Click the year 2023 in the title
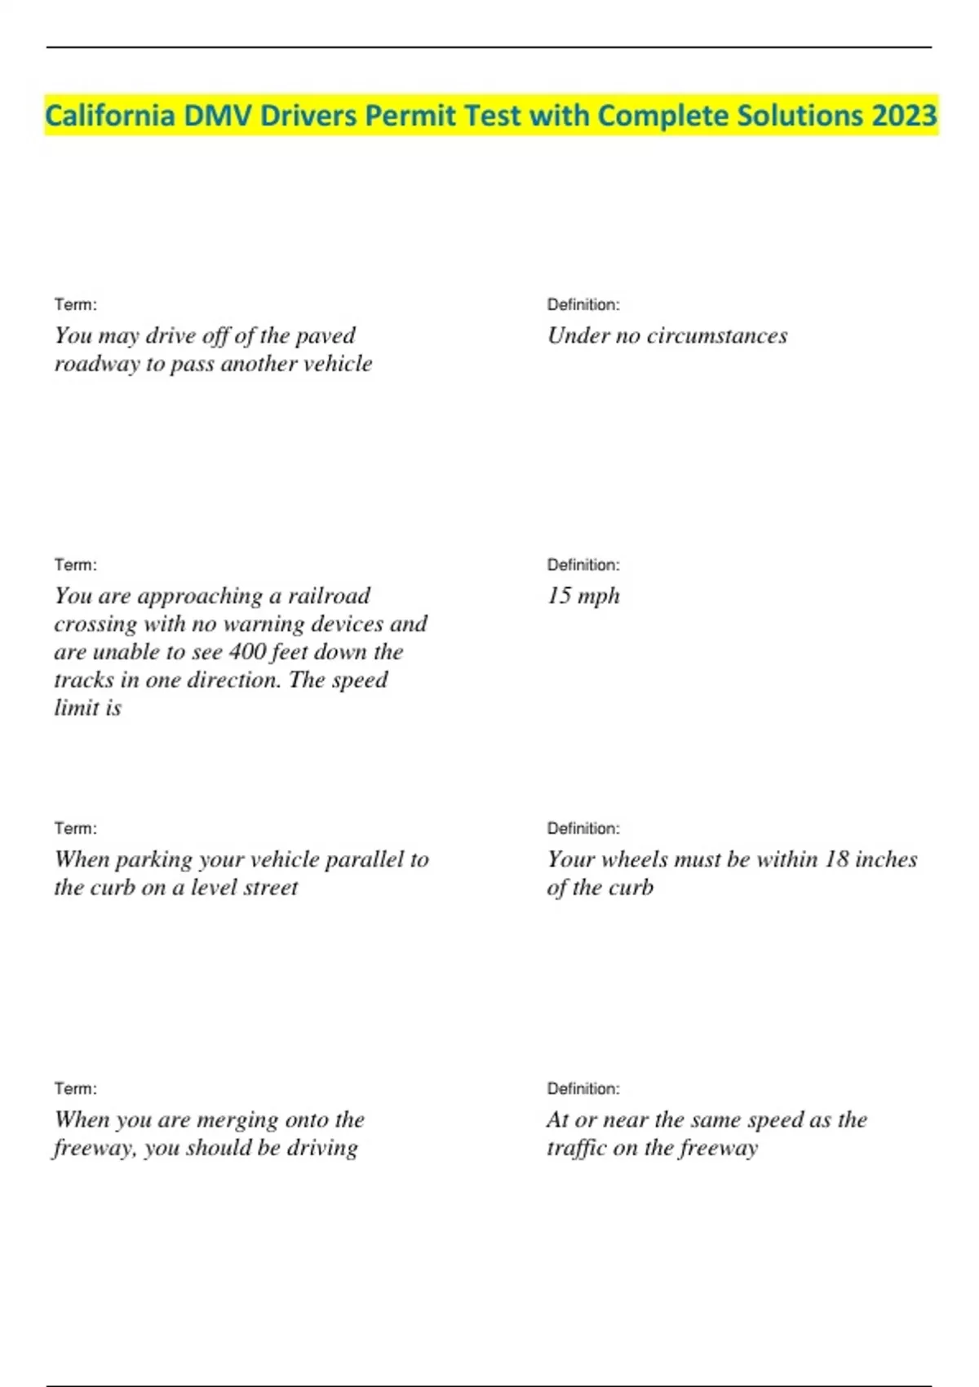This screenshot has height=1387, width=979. coord(904,116)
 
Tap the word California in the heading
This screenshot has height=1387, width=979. coord(109,116)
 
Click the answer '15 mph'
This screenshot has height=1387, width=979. coord(583,596)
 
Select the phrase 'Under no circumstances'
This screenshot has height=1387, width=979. coord(667,335)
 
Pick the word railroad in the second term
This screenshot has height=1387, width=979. coord(329,596)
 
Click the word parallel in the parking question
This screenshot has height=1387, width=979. coord(363,859)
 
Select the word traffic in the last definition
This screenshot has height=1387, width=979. coord(578,1148)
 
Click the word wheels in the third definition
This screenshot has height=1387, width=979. coord(634,859)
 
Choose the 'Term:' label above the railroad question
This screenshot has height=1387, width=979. coord(75,565)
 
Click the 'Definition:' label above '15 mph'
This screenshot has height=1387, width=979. coord(583,565)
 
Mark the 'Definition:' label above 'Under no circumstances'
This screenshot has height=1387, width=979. coord(583,304)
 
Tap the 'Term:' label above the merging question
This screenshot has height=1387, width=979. coord(75,1088)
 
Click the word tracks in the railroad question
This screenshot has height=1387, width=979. coord(83,680)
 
